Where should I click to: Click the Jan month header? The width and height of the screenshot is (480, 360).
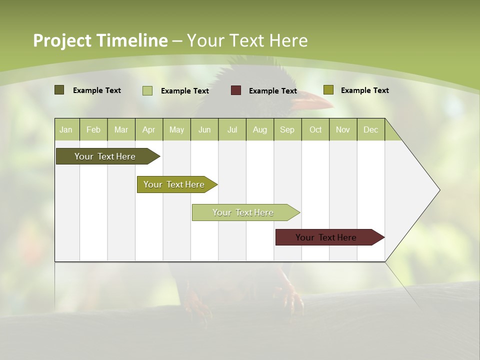(x=66, y=129)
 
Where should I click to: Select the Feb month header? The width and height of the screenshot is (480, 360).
(x=93, y=129)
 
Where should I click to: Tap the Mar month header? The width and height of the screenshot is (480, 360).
(x=121, y=129)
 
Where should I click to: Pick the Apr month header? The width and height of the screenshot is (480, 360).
(x=149, y=129)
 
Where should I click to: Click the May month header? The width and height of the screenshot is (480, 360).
(x=176, y=129)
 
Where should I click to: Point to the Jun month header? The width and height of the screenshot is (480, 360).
(x=204, y=129)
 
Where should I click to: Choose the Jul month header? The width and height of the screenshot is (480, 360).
(x=232, y=129)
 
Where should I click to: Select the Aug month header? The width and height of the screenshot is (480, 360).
(x=260, y=129)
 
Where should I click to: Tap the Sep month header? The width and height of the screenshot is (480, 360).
(x=287, y=129)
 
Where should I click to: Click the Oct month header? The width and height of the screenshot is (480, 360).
(x=315, y=129)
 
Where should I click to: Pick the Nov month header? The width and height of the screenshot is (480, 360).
(x=343, y=129)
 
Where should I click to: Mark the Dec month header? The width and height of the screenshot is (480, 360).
(x=371, y=129)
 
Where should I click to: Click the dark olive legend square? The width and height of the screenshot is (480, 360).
(x=59, y=90)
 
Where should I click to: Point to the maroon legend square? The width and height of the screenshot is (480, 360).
(x=236, y=90)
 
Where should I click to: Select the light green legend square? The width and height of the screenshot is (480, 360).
(x=147, y=90)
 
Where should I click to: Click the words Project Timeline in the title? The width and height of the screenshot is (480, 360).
(x=100, y=40)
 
